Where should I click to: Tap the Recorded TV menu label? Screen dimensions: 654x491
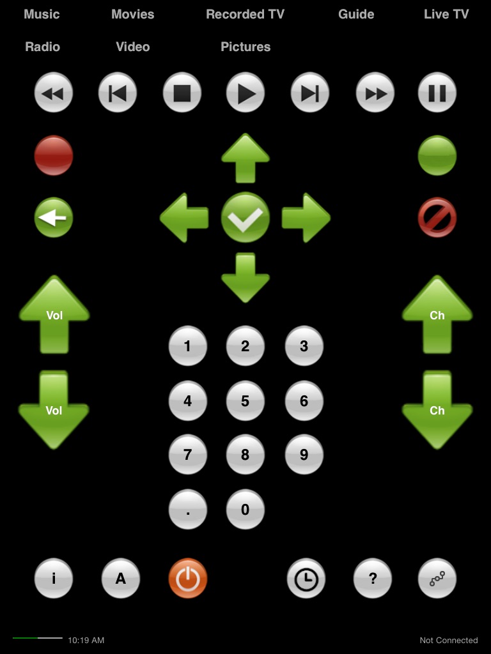tap(245, 14)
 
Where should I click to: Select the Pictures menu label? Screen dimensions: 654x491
tap(245, 47)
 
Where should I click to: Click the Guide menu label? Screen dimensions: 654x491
tap(356, 14)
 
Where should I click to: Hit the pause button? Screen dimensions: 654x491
tap(437, 93)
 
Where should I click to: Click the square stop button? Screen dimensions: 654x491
tap(182, 93)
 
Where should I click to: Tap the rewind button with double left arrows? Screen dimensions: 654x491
tap(53, 93)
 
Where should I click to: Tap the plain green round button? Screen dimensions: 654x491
tap(437, 156)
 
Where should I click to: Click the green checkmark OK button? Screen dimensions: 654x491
tap(245, 218)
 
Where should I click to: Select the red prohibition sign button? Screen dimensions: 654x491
tap(437, 218)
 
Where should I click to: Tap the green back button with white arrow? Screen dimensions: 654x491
tap(53, 218)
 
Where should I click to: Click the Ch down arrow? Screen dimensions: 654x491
tap(437, 409)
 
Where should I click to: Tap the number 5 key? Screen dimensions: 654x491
tap(245, 401)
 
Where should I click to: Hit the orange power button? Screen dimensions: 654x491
tap(188, 579)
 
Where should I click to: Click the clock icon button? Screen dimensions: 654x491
tap(306, 579)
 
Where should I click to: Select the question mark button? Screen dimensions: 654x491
tap(373, 579)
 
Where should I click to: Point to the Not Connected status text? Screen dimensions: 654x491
tap(449, 640)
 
